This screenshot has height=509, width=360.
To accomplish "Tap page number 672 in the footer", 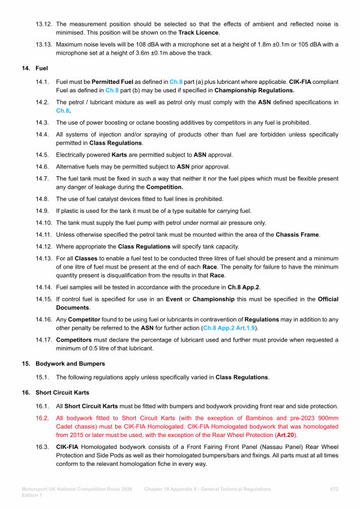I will [335, 489].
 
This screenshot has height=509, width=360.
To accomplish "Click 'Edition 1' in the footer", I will [31, 495].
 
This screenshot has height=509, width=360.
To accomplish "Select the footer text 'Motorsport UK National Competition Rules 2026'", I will [80, 489].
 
